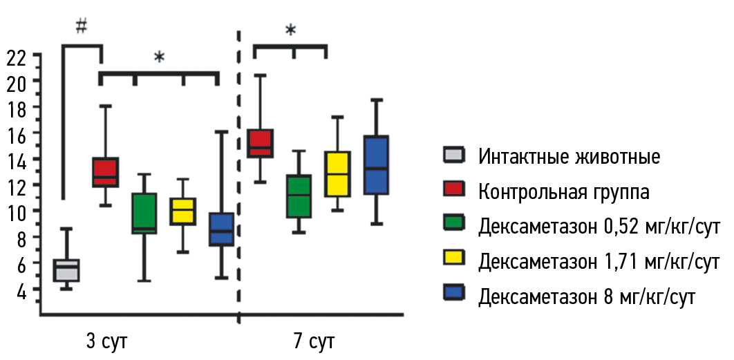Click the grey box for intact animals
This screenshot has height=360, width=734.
[x=66, y=270]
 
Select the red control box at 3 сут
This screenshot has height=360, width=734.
[x=106, y=172]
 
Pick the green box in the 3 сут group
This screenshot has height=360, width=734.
[x=144, y=214]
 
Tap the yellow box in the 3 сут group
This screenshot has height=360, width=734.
[x=183, y=211]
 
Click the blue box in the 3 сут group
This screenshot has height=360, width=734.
[x=222, y=229]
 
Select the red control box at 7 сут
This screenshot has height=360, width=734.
[x=261, y=143]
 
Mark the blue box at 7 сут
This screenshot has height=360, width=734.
[x=377, y=164]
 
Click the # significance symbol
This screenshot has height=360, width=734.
[x=82, y=26]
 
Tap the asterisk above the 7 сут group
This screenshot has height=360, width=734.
[x=290, y=30]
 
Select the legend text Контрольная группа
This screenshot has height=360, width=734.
[x=563, y=191]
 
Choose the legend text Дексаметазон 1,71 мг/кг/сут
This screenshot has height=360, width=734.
[x=599, y=261]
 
